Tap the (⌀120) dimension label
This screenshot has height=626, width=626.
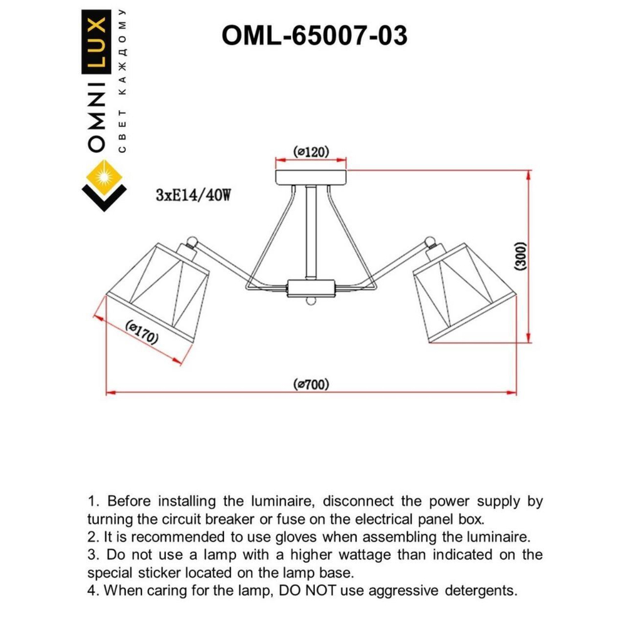tap(311, 151)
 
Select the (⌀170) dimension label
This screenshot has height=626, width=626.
tap(141, 331)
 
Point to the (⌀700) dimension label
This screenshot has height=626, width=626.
tap(311, 384)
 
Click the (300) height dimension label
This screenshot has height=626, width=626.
tap(521, 257)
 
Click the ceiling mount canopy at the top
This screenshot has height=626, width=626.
tap(311, 175)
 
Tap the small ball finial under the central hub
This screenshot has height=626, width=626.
tap(311, 303)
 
